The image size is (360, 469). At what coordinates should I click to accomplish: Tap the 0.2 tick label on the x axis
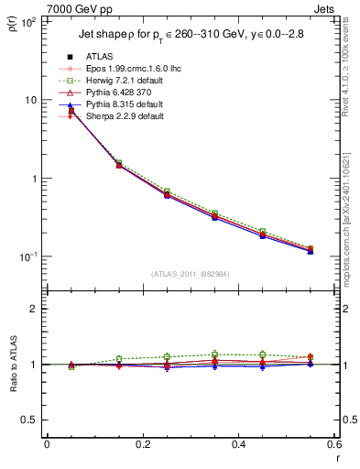[x=142, y=445]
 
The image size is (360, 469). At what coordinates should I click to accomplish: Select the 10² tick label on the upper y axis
[x=27, y=21]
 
